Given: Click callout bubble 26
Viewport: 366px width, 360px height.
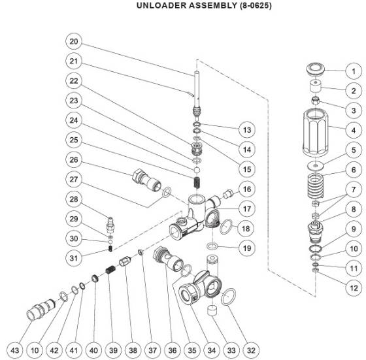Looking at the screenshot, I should pos(73,159).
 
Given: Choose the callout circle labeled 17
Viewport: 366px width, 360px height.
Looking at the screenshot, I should pos(227,209).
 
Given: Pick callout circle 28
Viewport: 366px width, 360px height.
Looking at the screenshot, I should pos(73,199).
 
